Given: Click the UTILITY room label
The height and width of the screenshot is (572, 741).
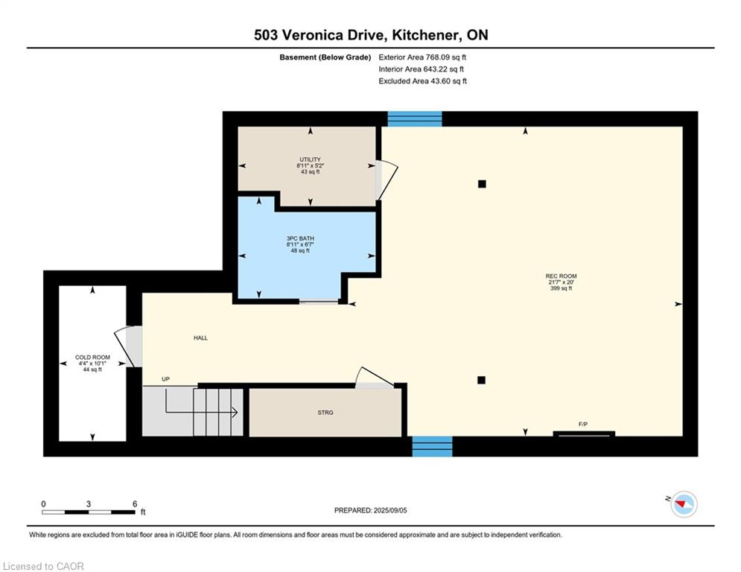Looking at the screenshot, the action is coord(310,159).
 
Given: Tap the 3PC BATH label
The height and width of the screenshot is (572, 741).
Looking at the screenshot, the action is coord(300,239).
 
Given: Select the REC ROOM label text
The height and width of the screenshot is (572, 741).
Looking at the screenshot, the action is coord(561,276).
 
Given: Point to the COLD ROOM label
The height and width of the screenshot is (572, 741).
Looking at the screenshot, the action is coord(92,357).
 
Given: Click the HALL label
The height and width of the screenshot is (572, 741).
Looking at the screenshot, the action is coord(200,338).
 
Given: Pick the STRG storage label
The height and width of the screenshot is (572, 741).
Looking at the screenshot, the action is coord(325,413).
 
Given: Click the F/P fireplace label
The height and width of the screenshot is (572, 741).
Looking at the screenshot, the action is coord(583,425).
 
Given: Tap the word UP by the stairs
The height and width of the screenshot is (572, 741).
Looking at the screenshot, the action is coord(165,379).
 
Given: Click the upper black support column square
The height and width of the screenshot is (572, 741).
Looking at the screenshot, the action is coord(482,184).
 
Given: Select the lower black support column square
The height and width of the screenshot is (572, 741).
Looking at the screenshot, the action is coord(482,380).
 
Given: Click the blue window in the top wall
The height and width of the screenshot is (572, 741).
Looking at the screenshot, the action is coord(415,118).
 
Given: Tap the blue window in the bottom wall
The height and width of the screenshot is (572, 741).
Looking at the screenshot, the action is coord(433,446).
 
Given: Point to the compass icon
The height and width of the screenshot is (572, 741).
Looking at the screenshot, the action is coord(684,504).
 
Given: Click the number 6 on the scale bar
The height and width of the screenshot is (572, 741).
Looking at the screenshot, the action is coord(135,504).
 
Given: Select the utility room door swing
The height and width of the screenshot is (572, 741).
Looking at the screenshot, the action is coord(387,179).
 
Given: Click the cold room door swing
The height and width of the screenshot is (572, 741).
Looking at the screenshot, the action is coord(127,346).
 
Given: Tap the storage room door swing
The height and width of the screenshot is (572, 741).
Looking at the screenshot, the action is coord(375,377).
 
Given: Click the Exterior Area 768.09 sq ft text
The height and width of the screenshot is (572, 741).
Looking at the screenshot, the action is coord(422,57).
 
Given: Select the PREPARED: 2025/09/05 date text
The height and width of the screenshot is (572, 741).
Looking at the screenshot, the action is coord(371,510).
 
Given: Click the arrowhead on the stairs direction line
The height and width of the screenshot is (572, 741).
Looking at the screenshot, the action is coord(235,412).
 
